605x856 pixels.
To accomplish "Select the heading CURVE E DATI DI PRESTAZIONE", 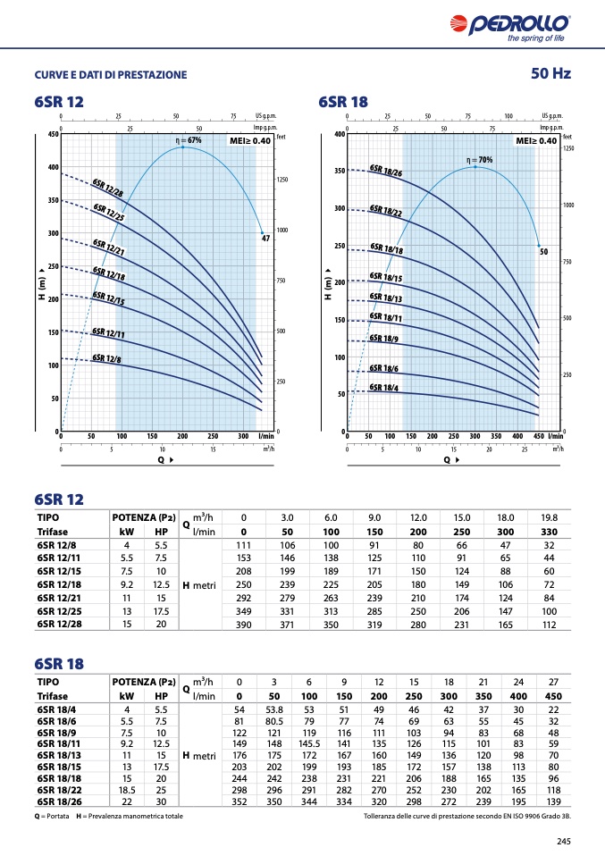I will (111, 75).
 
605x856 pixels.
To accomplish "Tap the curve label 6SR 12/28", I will (108, 188).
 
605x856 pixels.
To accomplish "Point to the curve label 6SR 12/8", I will (107, 358).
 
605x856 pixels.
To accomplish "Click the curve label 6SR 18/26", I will (386, 170).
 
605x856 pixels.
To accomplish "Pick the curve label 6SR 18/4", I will (384, 387).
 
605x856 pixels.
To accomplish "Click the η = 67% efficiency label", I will (189, 140).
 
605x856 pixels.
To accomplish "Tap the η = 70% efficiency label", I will (479, 160).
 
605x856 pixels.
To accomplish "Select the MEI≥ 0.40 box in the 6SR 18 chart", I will (536, 141).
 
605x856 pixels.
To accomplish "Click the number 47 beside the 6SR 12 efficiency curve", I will (265, 239).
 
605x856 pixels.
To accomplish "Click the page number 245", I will (563, 840).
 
